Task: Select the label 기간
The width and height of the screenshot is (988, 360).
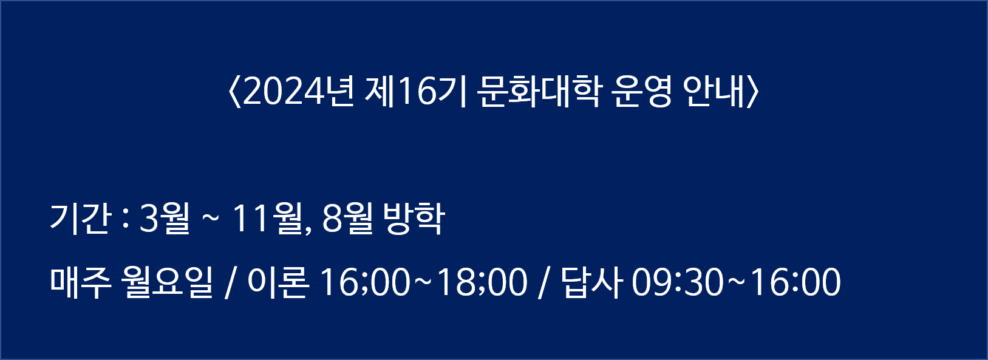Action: coord(80,219)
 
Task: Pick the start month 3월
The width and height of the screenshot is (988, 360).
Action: coord(165,219)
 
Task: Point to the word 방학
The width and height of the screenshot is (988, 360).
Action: coord(414,219)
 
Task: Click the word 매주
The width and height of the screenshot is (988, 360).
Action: coord(80,282)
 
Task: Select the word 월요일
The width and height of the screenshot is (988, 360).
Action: coord(168,282)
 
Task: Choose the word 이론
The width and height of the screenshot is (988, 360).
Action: coord(278,282)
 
